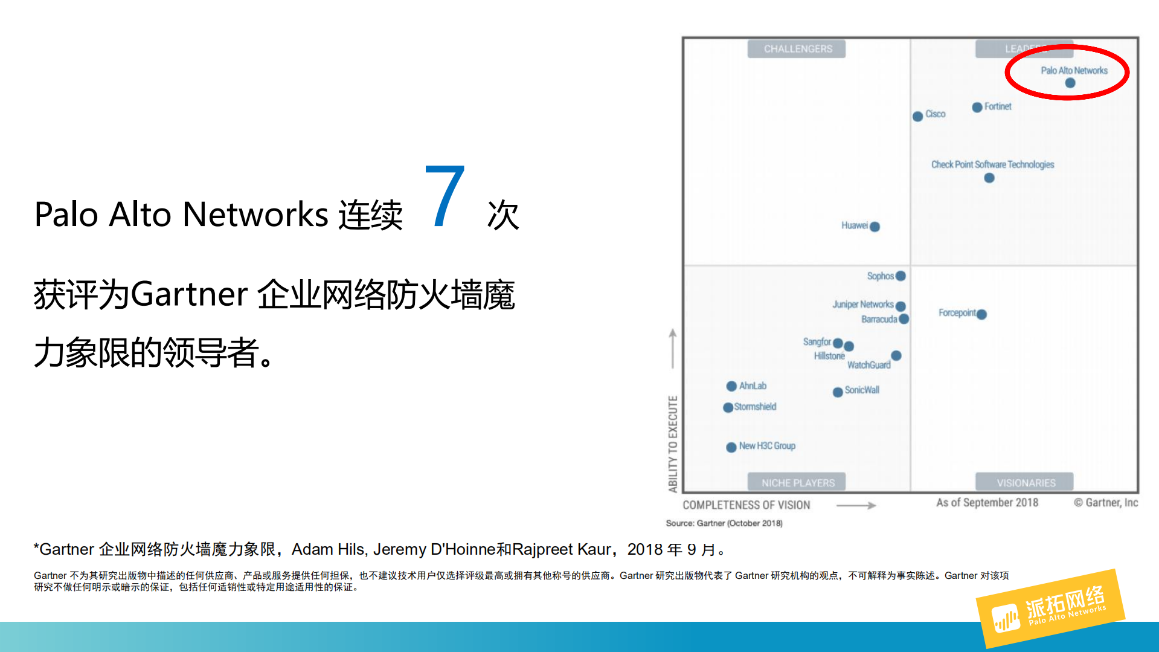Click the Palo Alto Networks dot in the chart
(1070, 83)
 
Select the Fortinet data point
(977, 107)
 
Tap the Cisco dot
(918, 116)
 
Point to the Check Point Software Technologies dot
(989, 178)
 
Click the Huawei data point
(875, 227)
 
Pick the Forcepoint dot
(981, 314)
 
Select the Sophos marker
(901, 276)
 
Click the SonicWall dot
(838, 392)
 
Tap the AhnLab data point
(731, 386)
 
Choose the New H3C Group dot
(731, 447)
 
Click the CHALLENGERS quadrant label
(797, 49)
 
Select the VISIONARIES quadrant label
(1026, 483)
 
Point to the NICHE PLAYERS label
(797, 483)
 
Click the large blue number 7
(445, 196)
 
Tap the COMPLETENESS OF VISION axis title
(746, 505)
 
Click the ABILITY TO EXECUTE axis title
(673, 444)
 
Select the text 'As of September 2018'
(987, 503)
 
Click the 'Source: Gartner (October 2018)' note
(724, 523)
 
